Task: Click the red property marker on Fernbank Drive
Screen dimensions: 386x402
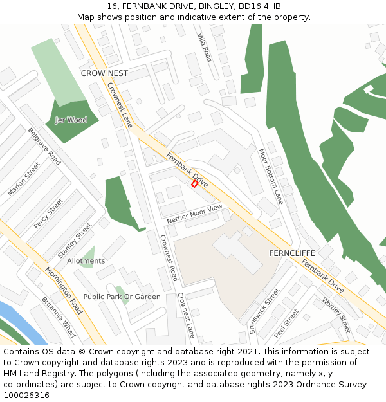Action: click(195, 183)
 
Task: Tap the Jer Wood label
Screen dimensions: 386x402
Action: click(71, 120)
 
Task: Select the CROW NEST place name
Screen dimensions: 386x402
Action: click(104, 73)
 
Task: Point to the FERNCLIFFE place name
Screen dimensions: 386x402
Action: click(291, 253)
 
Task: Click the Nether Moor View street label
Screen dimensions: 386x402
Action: click(194, 214)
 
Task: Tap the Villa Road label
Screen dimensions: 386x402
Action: click(205, 46)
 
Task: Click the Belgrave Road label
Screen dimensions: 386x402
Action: click(44, 146)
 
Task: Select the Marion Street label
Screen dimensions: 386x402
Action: click(24, 179)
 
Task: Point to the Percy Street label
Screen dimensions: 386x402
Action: click(49, 213)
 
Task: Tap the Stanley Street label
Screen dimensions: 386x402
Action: click(75, 241)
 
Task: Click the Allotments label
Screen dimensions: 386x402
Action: click(86, 261)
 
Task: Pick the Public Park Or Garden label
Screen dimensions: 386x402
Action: click(122, 297)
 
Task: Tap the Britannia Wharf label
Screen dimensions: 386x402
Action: click(59, 318)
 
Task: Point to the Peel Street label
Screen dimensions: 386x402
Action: click(286, 324)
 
